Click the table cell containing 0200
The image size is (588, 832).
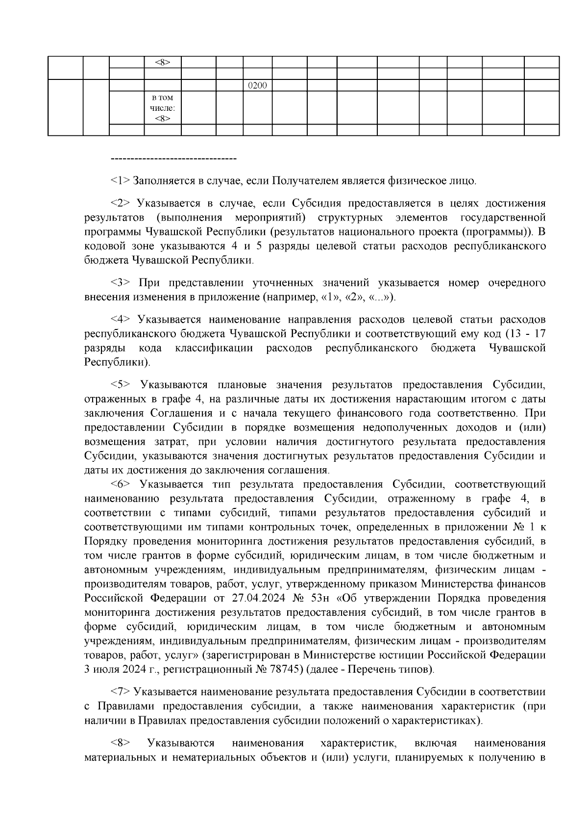click(258, 85)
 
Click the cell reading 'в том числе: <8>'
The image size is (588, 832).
click(162, 108)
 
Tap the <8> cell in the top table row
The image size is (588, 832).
click(162, 62)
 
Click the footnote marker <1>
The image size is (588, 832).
click(121, 181)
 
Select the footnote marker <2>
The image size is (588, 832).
click(121, 203)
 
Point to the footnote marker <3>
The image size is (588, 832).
click(121, 283)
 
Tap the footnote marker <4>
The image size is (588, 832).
click(121, 320)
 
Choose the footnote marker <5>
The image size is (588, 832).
click(121, 385)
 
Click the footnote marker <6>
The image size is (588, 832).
click(121, 484)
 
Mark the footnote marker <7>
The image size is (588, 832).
click(121, 692)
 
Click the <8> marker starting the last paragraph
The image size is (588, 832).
click(121, 743)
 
